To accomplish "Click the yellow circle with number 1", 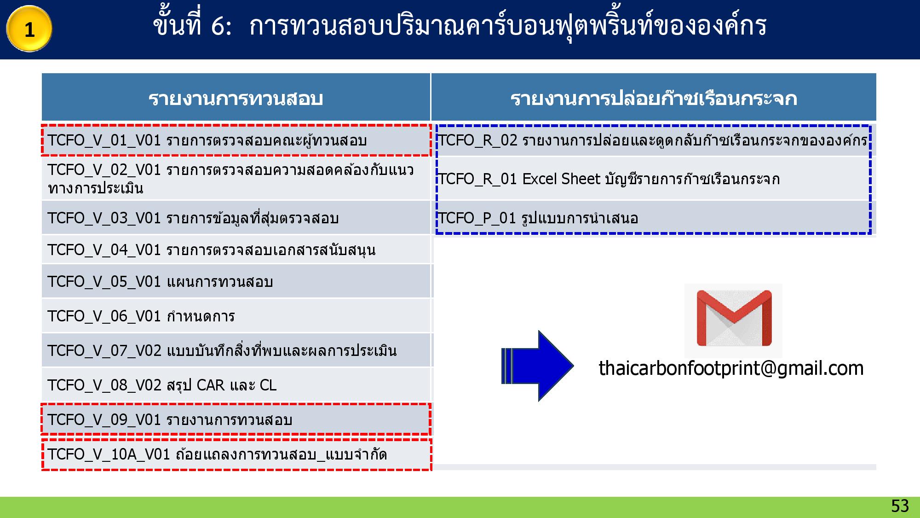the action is click(x=29, y=29).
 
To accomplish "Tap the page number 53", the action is click(x=900, y=506).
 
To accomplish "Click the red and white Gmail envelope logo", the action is click(x=734, y=318).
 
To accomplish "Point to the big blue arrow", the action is click(x=537, y=366).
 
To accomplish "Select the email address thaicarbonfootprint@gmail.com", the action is click(x=731, y=368).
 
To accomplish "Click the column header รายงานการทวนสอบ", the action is click(x=236, y=98).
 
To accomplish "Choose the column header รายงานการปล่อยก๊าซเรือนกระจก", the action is click(x=654, y=98).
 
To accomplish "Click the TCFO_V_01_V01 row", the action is click(x=236, y=140).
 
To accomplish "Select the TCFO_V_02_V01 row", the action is click(x=236, y=179).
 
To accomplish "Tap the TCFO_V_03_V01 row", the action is click(x=236, y=218).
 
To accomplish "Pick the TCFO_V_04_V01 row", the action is click(x=236, y=250).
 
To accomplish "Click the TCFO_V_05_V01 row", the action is click(x=236, y=281).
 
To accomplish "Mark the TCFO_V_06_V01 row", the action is click(x=236, y=316).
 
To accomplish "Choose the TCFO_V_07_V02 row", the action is click(x=236, y=350).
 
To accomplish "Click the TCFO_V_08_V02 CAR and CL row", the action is click(x=236, y=385).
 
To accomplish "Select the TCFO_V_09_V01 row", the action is click(x=236, y=419).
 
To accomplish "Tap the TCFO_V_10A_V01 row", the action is click(x=236, y=454).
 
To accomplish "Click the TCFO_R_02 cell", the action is click(x=653, y=140).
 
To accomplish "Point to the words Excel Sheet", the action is click(x=561, y=179).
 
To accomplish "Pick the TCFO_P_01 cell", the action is click(x=653, y=218).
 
